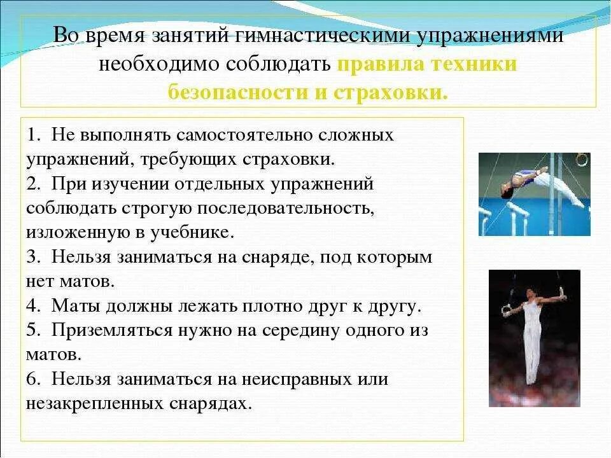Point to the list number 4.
pos(32,305)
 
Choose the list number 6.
pos(32,380)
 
